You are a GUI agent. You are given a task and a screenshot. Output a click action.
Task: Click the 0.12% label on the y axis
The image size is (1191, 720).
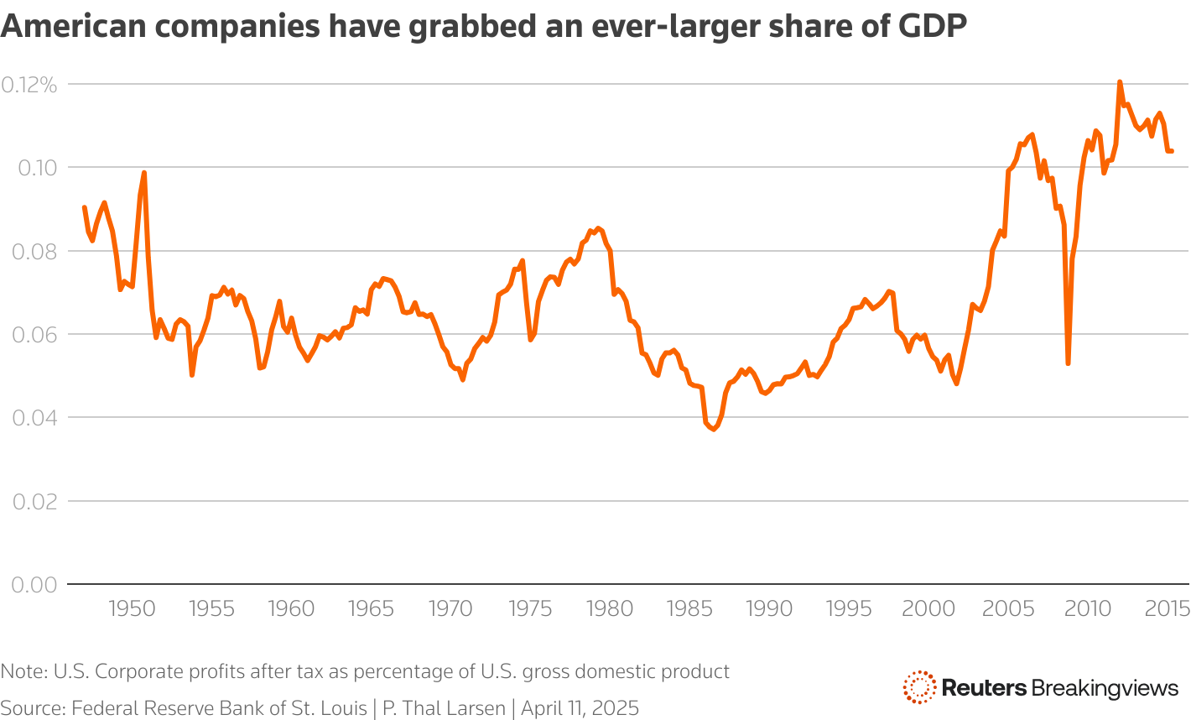(x=29, y=85)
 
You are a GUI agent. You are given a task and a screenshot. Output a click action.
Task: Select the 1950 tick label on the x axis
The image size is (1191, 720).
(x=133, y=608)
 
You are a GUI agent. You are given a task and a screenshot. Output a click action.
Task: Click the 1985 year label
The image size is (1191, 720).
(x=689, y=608)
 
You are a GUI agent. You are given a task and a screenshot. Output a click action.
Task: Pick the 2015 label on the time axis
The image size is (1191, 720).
(x=1167, y=608)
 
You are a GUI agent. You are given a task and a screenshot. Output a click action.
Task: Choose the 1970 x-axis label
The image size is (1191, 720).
(x=450, y=608)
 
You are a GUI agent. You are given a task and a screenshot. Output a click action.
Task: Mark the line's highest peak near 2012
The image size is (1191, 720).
(x=1120, y=82)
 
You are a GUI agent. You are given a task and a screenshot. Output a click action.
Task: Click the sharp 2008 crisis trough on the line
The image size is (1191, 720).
(x=1068, y=363)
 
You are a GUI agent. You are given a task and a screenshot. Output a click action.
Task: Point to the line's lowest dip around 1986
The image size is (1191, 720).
(x=714, y=429)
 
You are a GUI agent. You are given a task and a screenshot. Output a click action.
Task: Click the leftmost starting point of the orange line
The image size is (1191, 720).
(x=85, y=207)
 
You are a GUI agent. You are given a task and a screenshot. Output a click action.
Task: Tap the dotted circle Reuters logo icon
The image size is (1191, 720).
(x=919, y=687)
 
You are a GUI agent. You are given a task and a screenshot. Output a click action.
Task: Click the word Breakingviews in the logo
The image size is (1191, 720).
(x=1105, y=688)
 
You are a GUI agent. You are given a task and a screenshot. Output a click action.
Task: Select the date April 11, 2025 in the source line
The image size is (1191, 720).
(x=580, y=707)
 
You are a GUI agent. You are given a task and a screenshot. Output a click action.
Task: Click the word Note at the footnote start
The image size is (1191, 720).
(x=23, y=671)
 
